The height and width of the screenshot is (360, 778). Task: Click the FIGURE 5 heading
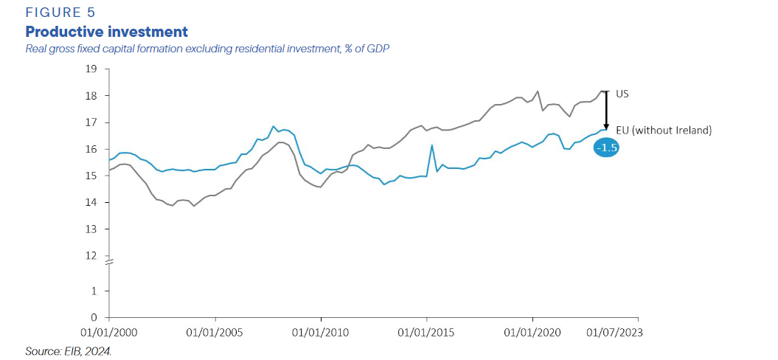point(60,13)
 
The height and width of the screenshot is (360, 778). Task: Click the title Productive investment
point(106,32)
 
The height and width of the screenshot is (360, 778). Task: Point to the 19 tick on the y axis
point(92,69)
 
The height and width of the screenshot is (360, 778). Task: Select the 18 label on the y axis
point(92,96)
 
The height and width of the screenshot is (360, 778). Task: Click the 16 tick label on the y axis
point(92,149)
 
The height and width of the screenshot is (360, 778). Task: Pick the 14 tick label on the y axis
point(92,203)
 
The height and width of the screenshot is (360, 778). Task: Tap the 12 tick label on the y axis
point(92,256)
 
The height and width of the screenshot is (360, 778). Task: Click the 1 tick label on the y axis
point(94,291)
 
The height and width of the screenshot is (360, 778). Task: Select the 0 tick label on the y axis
point(94,318)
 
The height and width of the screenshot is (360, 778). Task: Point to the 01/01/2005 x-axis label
point(215,333)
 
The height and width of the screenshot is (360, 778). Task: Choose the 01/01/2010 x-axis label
point(321,333)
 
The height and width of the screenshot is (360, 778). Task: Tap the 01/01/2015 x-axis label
point(426,333)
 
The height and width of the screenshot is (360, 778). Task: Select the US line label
point(622,94)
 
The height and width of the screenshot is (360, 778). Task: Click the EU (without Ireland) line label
point(664,131)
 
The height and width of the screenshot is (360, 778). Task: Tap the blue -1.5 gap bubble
point(607,148)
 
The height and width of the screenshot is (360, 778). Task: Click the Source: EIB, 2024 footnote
point(68,351)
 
